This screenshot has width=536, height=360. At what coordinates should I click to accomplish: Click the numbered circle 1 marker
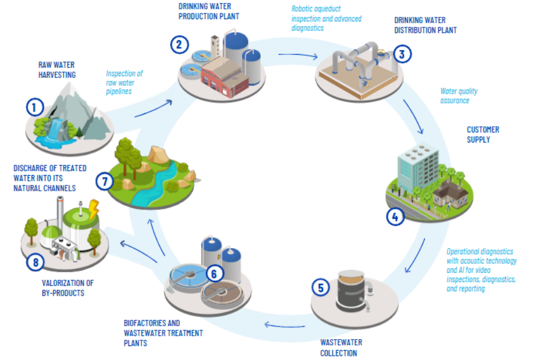(x=35, y=107)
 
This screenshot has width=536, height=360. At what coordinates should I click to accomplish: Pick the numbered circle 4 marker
(x=395, y=217)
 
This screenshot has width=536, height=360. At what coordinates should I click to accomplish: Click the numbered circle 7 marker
(x=105, y=181)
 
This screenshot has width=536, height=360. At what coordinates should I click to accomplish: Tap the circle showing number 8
(x=36, y=262)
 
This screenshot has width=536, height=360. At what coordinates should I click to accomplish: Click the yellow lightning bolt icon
(x=94, y=206)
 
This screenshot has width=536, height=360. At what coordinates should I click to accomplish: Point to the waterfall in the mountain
(x=55, y=129)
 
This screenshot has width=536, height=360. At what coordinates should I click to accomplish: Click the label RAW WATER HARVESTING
(x=56, y=70)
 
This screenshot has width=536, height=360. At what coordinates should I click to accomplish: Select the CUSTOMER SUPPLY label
(x=482, y=134)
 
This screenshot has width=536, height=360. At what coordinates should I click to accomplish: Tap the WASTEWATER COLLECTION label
(x=339, y=348)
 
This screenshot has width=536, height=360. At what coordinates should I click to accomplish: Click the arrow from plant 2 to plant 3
(x=297, y=56)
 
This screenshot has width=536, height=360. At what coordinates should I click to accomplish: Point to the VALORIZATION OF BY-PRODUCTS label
(x=68, y=287)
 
